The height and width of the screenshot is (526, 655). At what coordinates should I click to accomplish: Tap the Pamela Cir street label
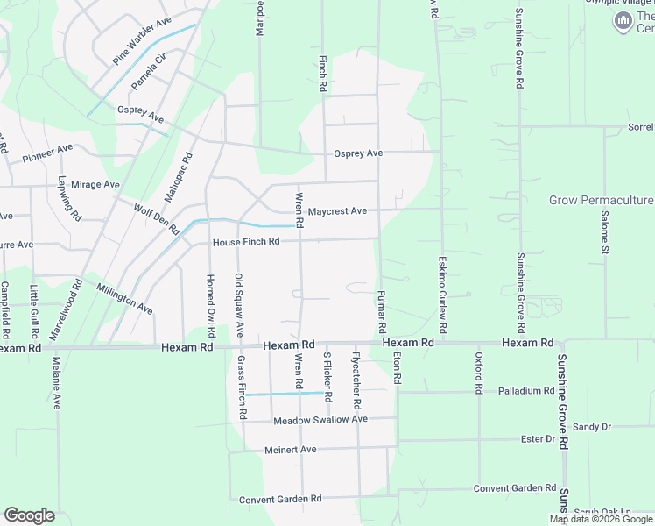point(148,72)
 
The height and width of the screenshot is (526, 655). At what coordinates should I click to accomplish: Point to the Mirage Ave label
point(95,185)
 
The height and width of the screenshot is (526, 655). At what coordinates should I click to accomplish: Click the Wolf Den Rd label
point(156,218)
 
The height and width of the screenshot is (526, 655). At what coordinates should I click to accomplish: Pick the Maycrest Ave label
point(337,211)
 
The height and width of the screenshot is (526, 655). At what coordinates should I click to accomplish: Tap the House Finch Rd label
point(245,241)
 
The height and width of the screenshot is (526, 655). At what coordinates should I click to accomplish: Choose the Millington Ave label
point(124,299)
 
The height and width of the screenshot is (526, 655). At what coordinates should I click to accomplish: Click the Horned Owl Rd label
point(210,306)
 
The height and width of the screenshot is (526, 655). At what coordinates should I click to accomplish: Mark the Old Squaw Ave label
point(238,305)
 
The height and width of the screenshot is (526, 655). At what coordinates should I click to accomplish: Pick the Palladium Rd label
point(525,390)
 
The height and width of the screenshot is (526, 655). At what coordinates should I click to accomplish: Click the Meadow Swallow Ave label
point(320,420)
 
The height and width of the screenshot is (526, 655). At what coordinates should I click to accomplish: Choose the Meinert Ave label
point(290,449)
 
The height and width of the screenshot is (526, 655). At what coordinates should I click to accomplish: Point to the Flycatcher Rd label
point(356,383)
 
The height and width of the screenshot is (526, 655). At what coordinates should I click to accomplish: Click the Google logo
point(29,515)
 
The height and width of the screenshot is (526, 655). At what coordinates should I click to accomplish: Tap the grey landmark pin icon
point(623,19)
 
